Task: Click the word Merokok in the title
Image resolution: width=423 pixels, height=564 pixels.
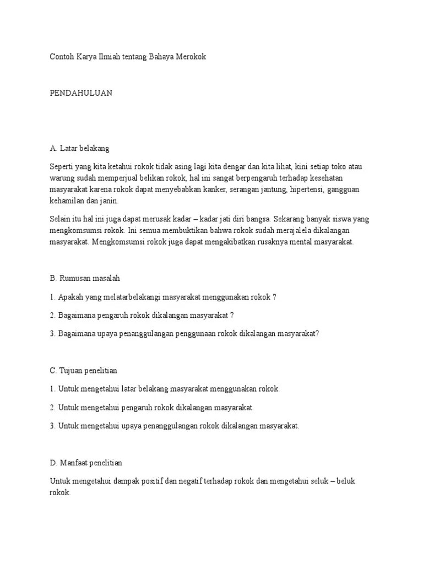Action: [x=190, y=57]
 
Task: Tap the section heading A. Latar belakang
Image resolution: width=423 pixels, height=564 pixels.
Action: [x=80, y=148]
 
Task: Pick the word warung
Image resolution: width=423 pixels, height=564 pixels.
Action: [x=62, y=178]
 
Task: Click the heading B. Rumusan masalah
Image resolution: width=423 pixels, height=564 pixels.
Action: [x=89, y=278]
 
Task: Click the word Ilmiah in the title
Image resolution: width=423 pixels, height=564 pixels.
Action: [x=114, y=57]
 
